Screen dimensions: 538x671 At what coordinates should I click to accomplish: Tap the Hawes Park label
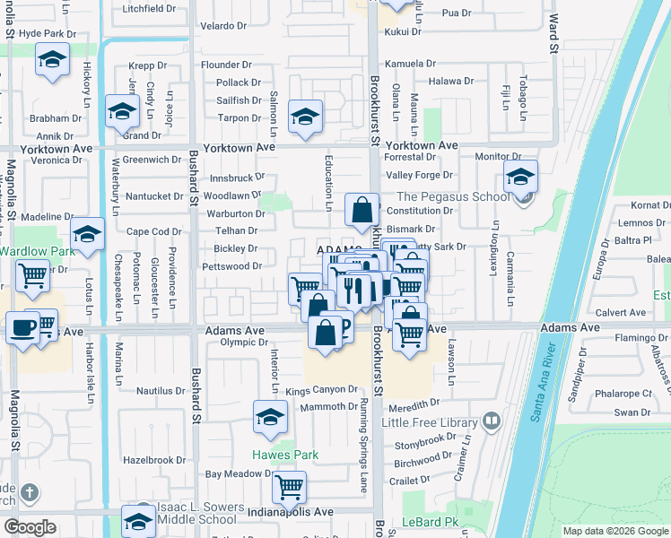tap(284, 455)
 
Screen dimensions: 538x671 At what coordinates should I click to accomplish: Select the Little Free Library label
tap(431, 421)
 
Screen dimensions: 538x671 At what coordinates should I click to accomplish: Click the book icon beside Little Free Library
tap(491, 421)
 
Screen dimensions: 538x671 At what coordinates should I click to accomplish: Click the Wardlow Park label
tap(30, 250)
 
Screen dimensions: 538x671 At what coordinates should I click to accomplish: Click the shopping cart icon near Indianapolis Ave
tap(289, 487)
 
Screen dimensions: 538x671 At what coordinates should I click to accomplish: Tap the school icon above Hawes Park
tap(269, 417)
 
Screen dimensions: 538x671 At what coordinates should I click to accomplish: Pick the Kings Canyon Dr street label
tap(322, 391)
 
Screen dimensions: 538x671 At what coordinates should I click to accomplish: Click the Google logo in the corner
tap(30, 527)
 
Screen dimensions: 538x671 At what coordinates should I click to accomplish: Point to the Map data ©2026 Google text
tap(615, 531)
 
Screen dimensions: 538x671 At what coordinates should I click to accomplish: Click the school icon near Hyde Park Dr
tap(52, 60)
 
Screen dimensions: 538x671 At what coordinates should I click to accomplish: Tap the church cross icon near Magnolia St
tap(30, 492)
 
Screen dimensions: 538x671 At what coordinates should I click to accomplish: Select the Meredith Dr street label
tap(414, 403)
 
